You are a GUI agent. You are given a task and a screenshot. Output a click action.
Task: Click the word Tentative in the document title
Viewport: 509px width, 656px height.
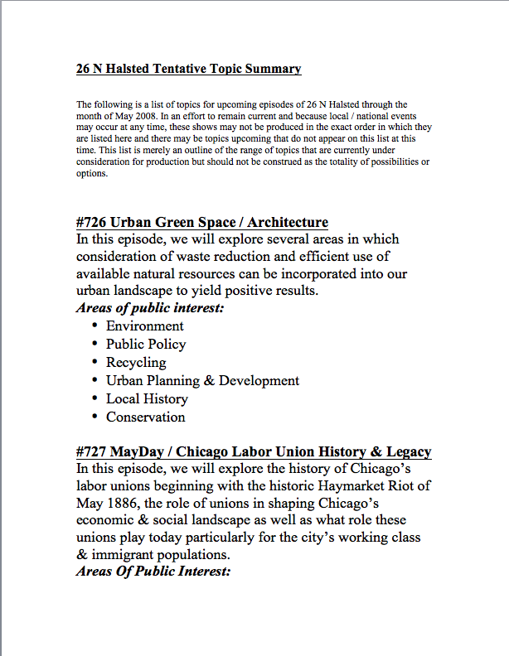coord(181,69)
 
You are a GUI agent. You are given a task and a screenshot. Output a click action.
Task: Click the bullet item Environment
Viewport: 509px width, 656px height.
coord(144,326)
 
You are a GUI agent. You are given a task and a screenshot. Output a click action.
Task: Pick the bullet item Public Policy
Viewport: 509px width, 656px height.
coord(146,345)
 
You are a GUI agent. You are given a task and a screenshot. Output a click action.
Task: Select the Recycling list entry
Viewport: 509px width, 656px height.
coord(136,363)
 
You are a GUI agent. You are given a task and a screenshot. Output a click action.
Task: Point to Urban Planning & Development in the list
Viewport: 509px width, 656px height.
coord(202,381)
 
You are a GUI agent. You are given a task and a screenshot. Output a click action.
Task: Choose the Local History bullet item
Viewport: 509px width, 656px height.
coord(147,399)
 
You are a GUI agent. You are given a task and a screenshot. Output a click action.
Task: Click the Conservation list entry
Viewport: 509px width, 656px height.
coord(145,417)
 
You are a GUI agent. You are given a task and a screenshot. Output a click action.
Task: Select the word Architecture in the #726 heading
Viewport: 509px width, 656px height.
coord(285,222)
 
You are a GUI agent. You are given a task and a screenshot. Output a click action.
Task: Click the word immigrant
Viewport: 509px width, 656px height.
coord(127,555)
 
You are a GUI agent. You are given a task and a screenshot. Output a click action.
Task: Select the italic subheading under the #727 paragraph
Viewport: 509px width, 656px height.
coord(153,572)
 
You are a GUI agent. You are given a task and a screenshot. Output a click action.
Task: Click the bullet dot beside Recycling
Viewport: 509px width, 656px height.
coord(96,362)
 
